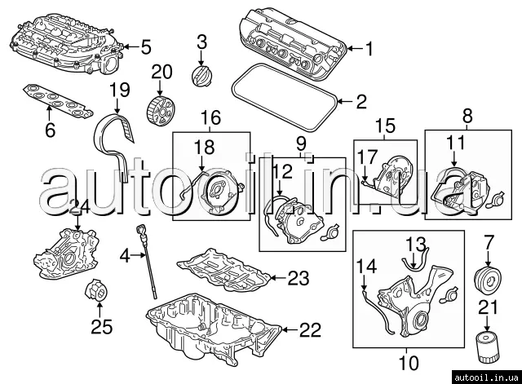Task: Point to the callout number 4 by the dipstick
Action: tap(125, 255)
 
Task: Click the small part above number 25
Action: tap(97, 290)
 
